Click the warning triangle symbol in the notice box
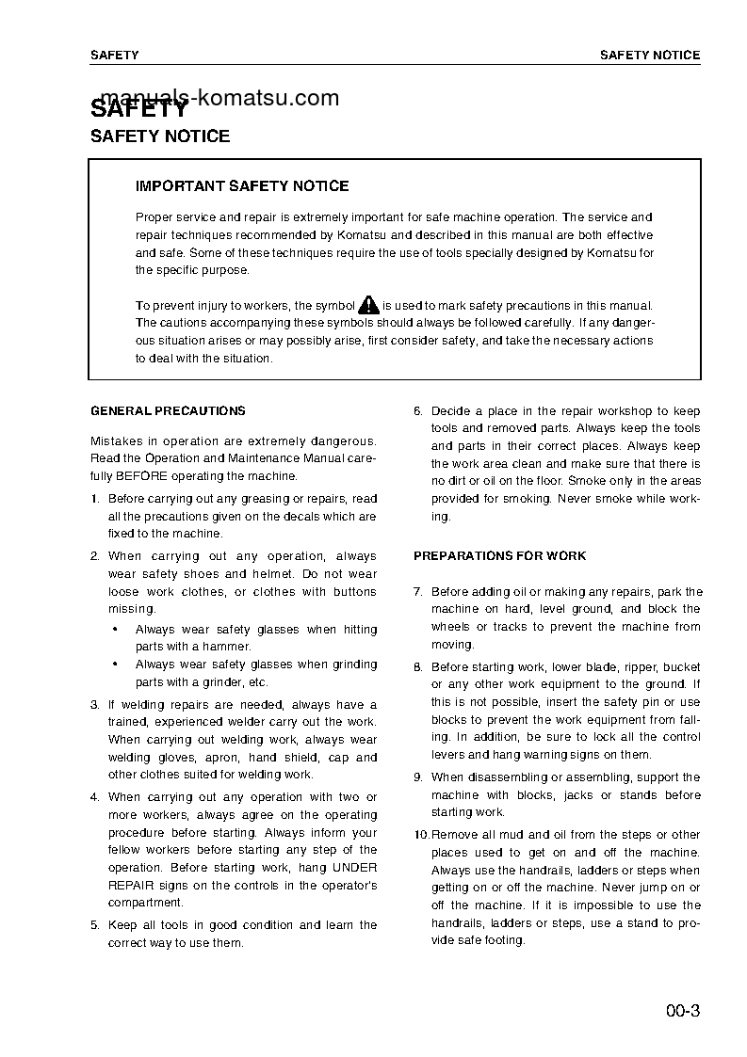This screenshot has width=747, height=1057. [x=368, y=304]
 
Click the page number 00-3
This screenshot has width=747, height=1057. [x=682, y=1013]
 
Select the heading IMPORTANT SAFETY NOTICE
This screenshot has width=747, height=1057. [x=242, y=186]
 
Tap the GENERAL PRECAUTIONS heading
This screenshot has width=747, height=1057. [x=168, y=410]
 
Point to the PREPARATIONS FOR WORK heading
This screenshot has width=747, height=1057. [x=499, y=556]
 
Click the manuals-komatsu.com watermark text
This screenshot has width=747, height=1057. [x=219, y=97]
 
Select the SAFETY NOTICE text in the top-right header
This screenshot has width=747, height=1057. [x=650, y=56]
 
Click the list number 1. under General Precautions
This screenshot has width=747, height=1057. [x=94, y=499]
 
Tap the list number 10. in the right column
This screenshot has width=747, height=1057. [x=421, y=835]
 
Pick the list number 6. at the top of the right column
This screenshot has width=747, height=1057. [x=417, y=411]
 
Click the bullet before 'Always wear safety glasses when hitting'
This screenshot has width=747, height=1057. [x=114, y=630]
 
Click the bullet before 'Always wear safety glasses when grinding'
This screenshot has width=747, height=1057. [x=114, y=665]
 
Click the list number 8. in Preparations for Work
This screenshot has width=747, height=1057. [x=417, y=667]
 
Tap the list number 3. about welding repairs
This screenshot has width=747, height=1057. [x=94, y=705]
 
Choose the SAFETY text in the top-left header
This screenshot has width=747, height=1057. [x=114, y=56]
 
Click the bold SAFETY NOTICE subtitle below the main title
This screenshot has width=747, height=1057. [x=159, y=136]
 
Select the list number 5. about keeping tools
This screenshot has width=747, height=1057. [x=94, y=925]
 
